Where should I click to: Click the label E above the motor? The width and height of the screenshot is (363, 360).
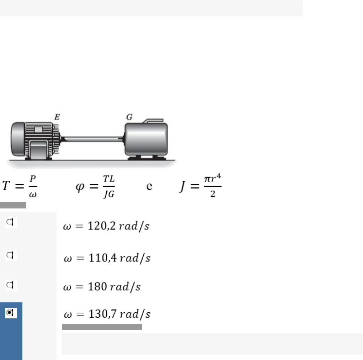(x=57, y=117)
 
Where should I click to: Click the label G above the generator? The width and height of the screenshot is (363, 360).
(x=129, y=117)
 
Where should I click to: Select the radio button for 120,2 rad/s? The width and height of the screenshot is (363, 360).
(x=10, y=222)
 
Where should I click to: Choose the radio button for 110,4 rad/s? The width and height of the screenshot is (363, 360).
(x=10, y=255)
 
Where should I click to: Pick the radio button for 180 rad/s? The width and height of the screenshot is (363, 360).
(x=10, y=285)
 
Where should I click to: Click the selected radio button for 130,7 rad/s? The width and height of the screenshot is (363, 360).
(x=10, y=313)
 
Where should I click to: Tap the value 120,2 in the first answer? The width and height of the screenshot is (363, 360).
(x=102, y=226)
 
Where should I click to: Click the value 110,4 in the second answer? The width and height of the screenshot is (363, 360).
(x=102, y=258)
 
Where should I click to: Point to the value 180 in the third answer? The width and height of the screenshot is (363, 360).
(x=97, y=287)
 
